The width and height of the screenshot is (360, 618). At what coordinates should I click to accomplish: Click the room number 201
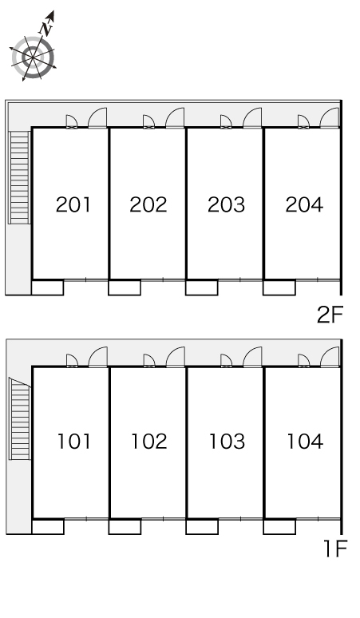click(73, 204)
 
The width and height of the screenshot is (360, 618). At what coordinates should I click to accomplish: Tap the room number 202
click(148, 204)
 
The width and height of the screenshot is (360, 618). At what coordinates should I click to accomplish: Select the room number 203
click(226, 204)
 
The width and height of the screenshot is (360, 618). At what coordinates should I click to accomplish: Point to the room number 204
click(304, 204)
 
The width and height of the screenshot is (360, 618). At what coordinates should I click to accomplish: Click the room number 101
click(74, 441)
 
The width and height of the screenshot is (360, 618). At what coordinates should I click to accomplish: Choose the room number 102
click(149, 441)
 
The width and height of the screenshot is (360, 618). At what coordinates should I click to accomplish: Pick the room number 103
click(227, 441)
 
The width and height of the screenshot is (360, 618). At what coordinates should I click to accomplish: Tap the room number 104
click(305, 441)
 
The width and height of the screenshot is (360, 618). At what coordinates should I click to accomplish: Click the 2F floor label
click(330, 315)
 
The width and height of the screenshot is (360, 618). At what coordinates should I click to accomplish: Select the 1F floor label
click(334, 549)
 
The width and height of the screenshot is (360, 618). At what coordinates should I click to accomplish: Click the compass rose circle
click(33, 57)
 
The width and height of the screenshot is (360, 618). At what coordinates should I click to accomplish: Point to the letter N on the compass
click(46, 29)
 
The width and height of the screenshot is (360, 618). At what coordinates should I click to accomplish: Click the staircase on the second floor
click(19, 177)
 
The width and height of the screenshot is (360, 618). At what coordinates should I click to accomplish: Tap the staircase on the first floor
click(19, 418)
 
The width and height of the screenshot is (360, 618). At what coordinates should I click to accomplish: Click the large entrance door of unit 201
click(97, 118)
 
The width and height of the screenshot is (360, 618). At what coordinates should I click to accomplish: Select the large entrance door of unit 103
click(252, 357)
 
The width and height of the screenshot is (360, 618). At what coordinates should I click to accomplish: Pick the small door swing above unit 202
click(148, 122)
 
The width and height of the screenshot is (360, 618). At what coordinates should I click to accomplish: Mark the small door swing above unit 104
click(303, 361)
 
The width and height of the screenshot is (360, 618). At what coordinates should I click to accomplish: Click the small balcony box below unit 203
click(202, 287)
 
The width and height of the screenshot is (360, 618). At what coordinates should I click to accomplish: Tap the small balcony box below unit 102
click(125, 526)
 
